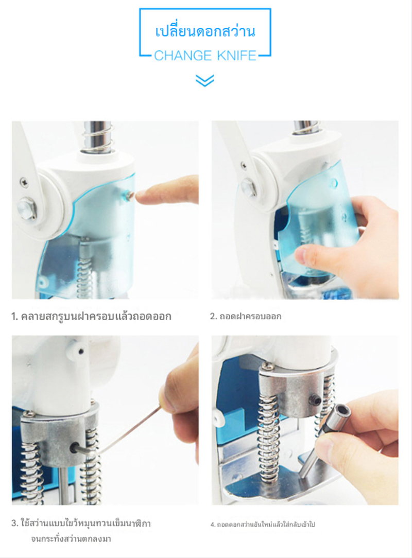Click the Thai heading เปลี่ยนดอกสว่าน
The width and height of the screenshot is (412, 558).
(x=205, y=31)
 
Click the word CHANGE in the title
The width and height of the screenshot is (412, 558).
(x=178, y=56)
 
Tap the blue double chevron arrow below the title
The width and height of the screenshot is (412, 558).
(x=205, y=80)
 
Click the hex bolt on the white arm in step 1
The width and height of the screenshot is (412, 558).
(x=26, y=208)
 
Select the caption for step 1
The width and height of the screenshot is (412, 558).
(x=91, y=316)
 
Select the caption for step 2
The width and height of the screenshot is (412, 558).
(x=245, y=316)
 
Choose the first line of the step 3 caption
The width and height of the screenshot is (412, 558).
(x=81, y=524)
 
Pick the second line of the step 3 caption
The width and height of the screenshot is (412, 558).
(x=71, y=538)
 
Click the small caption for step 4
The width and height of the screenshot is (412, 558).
(x=263, y=524)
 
